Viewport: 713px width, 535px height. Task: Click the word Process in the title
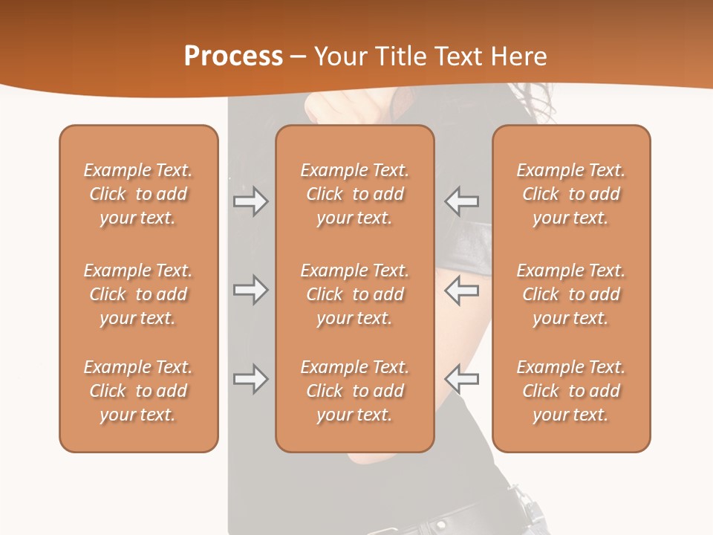[x=233, y=56]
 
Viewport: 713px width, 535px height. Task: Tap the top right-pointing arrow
[x=251, y=201]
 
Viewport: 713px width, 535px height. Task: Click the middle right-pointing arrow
[x=251, y=290]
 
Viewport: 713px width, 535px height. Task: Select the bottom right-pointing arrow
[x=251, y=379]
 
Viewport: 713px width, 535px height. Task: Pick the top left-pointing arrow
[x=461, y=201]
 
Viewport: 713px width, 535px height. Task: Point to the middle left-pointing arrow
[x=461, y=290]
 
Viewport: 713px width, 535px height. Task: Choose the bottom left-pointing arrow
[x=461, y=379]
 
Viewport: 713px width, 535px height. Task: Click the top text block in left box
[x=138, y=194]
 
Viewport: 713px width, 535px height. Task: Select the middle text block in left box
[x=138, y=294]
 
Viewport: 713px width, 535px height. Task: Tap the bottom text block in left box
[x=138, y=391]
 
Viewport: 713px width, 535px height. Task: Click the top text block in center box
[x=354, y=194]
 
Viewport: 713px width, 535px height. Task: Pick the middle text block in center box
[x=354, y=294]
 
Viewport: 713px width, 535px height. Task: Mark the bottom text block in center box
[x=354, y=391]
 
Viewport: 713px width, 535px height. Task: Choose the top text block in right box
[x=570, y=194]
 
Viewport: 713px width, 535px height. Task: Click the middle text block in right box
[x=570, y=294]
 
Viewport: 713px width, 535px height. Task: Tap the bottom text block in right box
[x=570, y=391]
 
